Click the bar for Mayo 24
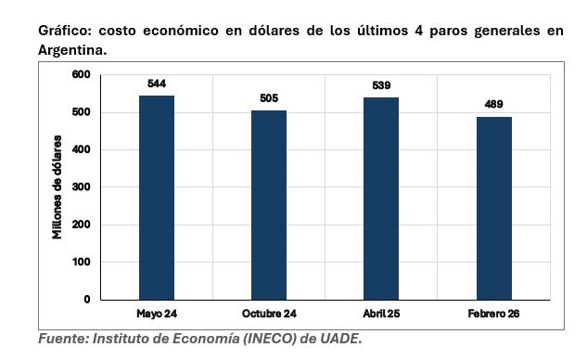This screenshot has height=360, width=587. [x=157, y=198]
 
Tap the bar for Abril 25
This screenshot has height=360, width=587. [x=381, y=199]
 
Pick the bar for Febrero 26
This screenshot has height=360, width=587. [x=493, y=208]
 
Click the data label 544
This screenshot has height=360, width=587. [x=157, y=84]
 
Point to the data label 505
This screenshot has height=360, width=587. [x=269, y=98]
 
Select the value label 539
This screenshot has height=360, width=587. [x=381, y=85]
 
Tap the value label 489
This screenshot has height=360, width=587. [x=493, y=104]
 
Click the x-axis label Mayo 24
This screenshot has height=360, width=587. [x=157, y=314]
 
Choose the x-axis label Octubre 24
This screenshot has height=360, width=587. [x=269, y=314]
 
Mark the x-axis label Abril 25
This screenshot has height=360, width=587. [x=381, y=314]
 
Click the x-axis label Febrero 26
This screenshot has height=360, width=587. [x=493, y=314]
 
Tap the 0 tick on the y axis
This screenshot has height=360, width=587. [x=87, y=300]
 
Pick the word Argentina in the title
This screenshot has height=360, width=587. [x=71, y=50]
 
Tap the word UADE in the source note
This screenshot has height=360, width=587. [x=338, y=340]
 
